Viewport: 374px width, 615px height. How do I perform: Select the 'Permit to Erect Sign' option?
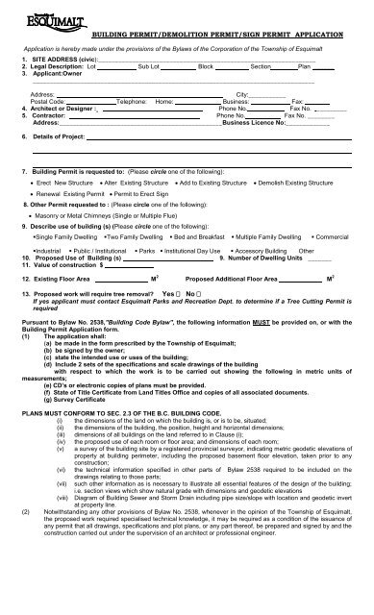pos(142,195)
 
